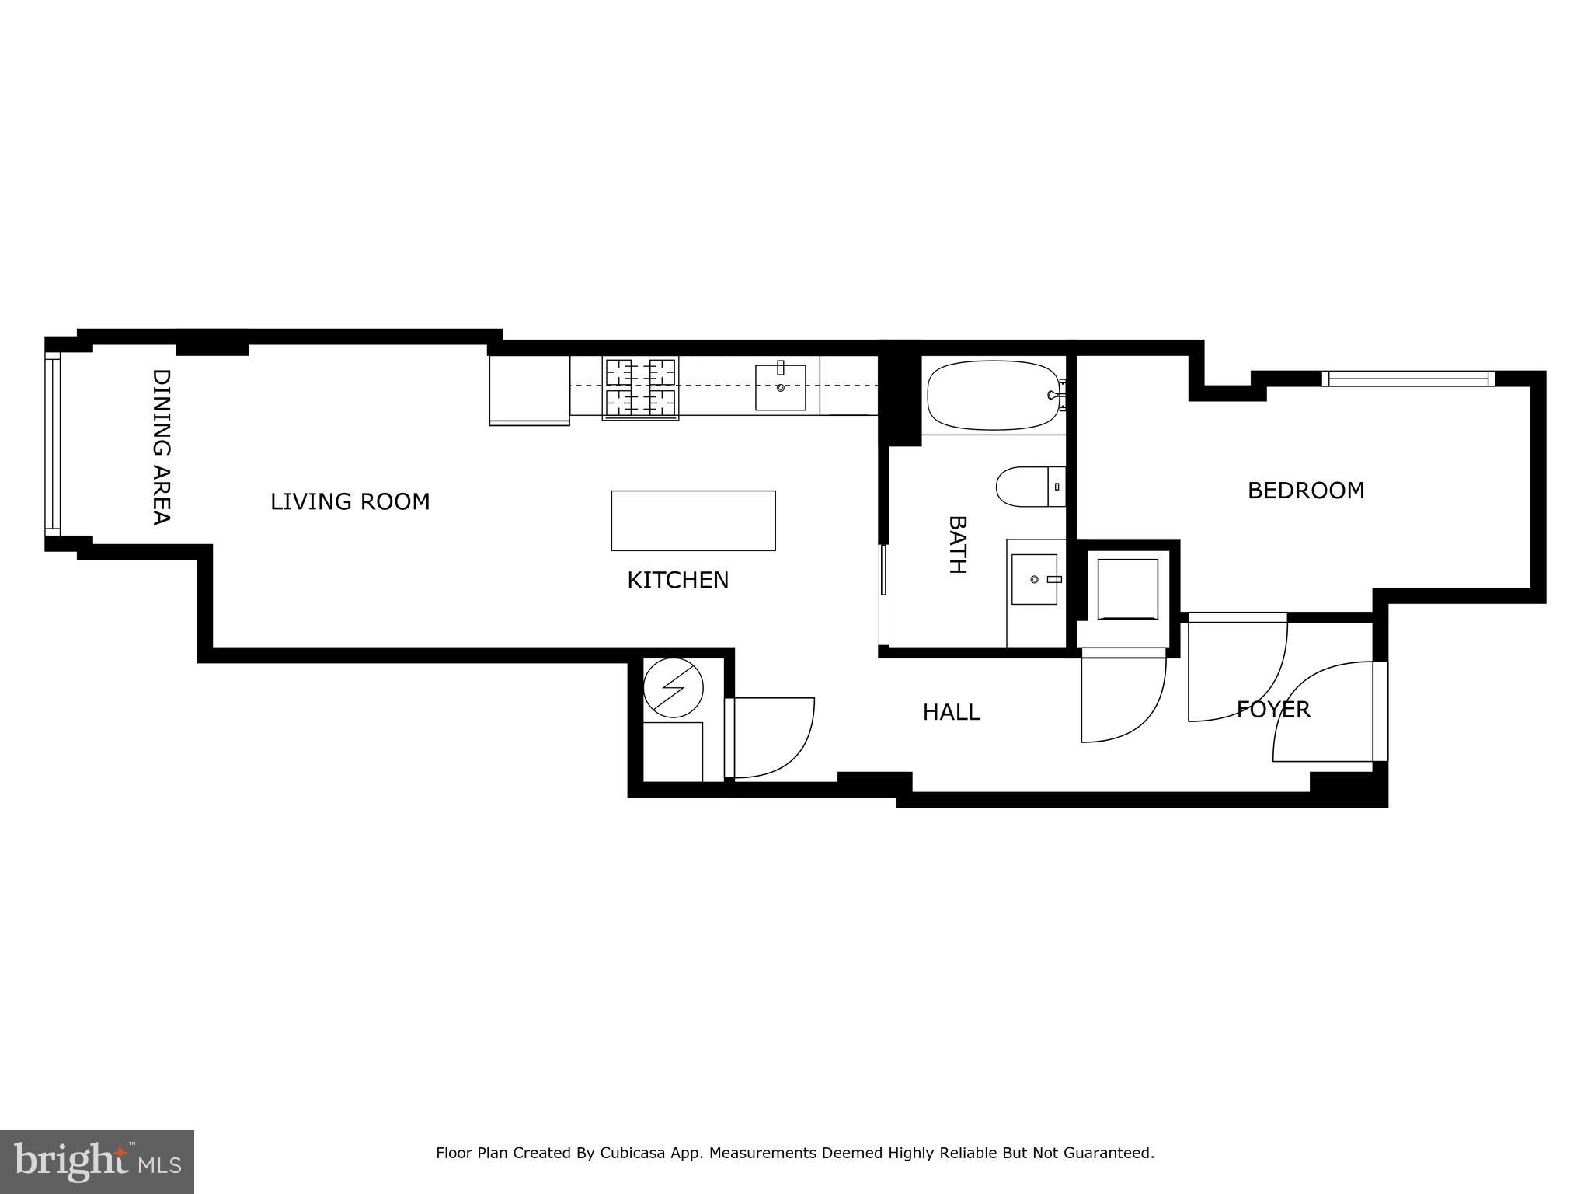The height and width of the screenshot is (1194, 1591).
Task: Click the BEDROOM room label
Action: (x=1305, y=491)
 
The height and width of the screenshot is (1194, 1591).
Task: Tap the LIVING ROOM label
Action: (x=350, y=501)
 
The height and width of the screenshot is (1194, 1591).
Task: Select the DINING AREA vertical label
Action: (x=161, y=447)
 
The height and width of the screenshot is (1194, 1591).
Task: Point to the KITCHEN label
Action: (x=677, y=580)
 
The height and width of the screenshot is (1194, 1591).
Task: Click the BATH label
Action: (x=957, y=544)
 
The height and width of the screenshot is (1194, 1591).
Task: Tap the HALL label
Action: (x=951, y=712)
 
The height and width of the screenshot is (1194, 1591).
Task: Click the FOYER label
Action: (x=1273, y=709)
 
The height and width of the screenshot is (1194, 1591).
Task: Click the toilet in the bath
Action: (x=1027, y=487)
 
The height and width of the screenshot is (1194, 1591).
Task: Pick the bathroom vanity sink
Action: (x=1034, y=579)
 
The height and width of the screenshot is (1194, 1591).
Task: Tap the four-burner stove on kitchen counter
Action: (x=640, y=388)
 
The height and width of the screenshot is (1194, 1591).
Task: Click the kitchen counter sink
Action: (x=780, y=387)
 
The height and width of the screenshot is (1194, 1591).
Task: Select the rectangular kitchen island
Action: (x=693, y=520)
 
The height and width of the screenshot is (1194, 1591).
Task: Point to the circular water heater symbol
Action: (x=674, y=687)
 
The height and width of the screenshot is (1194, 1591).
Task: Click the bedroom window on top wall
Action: (x=1408, y=379)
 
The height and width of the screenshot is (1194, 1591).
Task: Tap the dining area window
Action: (x=52, y=443)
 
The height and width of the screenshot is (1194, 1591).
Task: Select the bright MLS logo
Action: (x=96, y=1161)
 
